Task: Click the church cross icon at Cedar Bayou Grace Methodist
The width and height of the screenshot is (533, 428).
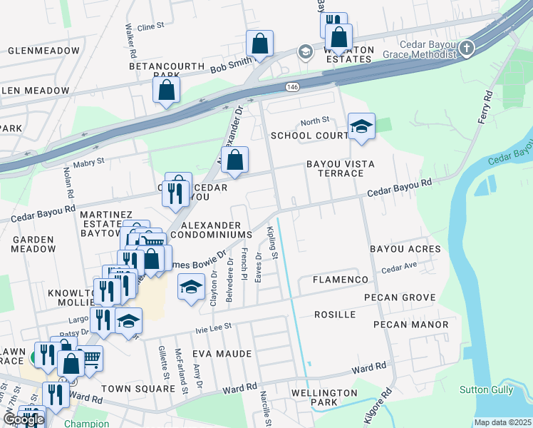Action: point(466,49)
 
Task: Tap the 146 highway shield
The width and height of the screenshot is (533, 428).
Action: point(293,86)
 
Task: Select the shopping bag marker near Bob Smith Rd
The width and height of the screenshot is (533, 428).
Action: point(260,44)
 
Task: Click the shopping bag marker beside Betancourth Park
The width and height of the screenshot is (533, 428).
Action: point(166,91)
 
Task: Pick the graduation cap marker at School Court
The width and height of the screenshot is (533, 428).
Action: point(361,127)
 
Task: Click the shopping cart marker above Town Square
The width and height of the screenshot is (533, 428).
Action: point(90,358)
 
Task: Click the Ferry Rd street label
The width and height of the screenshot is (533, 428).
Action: point(486,106)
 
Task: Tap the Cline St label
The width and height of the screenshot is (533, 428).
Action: point(150,26)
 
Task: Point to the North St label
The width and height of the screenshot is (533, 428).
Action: point(314,121)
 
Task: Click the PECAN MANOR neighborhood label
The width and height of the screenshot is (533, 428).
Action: point(415,325)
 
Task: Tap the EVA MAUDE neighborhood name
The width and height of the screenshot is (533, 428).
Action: point(222,354)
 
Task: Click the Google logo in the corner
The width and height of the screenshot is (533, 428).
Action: point(23,419)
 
